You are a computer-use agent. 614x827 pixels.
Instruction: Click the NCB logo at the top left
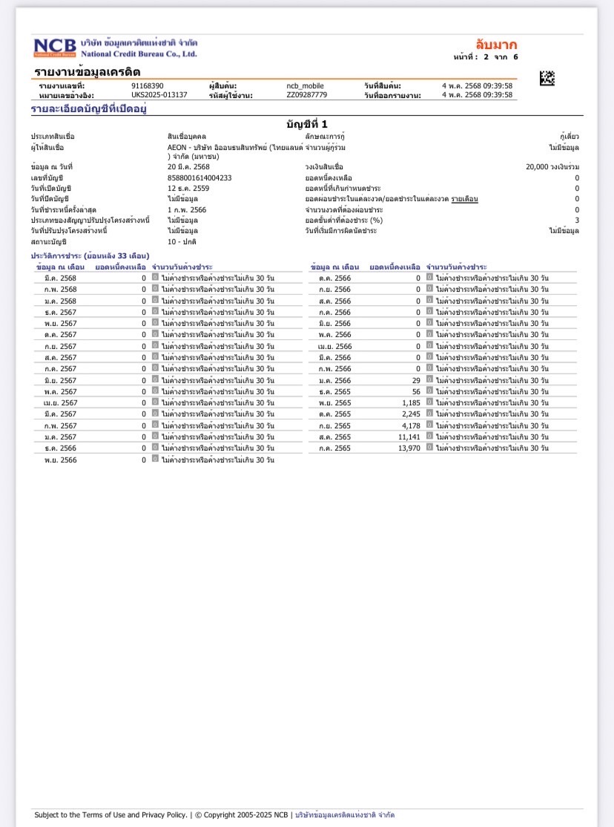point(54,48)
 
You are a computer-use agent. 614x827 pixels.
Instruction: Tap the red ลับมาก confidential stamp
point(496,44)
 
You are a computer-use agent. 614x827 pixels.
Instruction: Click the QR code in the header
point(547,78)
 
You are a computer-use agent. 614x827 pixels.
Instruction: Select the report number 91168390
point(147,86)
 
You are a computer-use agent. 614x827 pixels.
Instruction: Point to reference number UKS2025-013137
point(159,95)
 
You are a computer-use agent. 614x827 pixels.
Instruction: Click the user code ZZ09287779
point(306,95)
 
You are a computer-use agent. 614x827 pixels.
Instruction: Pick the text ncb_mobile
point(306,86)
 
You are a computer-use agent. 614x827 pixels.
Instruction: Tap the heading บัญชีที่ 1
point(306,123)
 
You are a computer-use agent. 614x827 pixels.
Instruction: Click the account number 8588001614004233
point(199,178)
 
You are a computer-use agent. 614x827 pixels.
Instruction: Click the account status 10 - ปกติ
point(182,242)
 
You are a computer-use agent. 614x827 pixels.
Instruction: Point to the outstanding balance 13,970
point(409,448)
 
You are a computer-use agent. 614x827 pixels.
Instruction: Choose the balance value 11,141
point(409,437)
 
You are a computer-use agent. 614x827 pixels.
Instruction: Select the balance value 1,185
point(411,403)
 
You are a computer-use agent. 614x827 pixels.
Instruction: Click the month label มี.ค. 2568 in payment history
point(61,278)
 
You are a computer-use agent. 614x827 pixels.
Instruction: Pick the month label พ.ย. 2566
point(61,460)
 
